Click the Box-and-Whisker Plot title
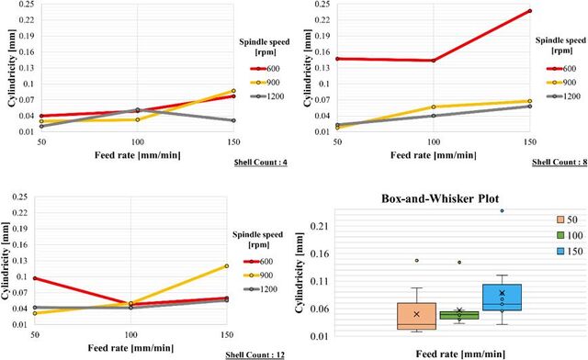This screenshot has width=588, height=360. click(x=440, y=198)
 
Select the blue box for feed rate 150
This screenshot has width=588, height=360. click(x=503, y=297)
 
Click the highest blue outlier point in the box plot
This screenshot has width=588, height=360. click(x=503, y=210)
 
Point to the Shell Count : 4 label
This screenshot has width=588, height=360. click(x=261, y=163)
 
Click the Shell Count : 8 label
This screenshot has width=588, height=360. click(x=560, y=162)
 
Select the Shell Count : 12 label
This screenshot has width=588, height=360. click(x=254, y=354)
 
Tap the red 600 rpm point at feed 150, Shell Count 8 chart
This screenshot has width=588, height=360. click(x=529, y=11)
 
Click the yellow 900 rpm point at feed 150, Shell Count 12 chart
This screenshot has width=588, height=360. click(x=226, y=266)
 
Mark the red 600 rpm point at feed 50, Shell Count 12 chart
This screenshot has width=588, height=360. click(x=36, y=278)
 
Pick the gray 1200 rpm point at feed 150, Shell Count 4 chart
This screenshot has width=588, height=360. click(x=233, y=120)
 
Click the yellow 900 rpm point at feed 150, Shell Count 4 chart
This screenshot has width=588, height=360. click(x=233, y=91)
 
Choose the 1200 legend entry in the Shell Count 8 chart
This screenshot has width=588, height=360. click(x=563, y=96)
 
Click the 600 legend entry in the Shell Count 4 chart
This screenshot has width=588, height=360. click(x=266, y=69)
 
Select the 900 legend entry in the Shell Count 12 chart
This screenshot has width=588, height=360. click(x=258, y=276)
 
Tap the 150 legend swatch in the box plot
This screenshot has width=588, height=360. click(x=560, y=252)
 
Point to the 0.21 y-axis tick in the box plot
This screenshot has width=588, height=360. click(x=319, y=226)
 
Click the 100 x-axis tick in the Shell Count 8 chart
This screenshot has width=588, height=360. click(x=434, y=142)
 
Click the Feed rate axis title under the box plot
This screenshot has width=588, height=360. click(x=460, y=354)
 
